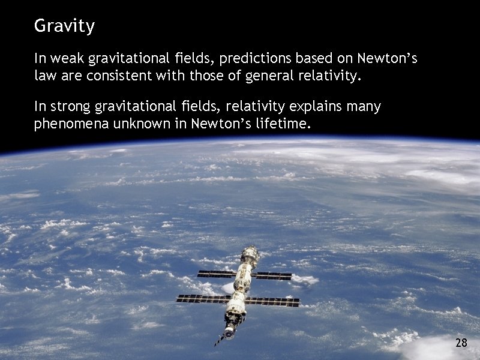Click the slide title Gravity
tap(64, 26)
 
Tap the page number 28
tap(461, 343)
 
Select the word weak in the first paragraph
tap(67, 59)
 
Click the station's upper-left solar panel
tap(217, 274)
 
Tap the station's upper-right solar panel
tap(272, 276)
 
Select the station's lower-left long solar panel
tap(202, 298)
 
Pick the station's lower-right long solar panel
tap(272, 302)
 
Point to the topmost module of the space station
tap(249, 254)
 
